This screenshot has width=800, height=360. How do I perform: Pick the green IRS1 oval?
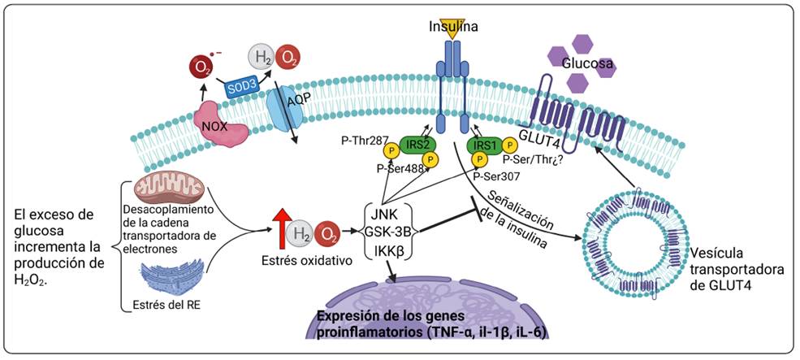tap(485, 144)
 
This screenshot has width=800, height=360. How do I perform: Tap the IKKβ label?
tap(391, 251)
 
